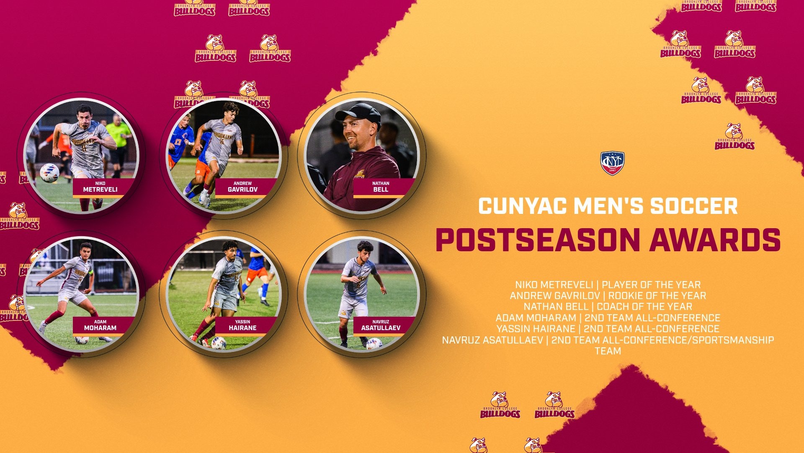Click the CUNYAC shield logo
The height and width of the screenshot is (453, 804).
612,163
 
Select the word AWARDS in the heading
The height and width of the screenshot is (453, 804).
715,240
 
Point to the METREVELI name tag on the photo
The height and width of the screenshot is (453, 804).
100,187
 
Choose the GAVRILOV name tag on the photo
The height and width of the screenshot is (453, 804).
242,187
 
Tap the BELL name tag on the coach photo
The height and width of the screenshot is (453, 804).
381,187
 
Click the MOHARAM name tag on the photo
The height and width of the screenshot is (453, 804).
100,325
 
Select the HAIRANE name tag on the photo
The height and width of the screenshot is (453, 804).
242,325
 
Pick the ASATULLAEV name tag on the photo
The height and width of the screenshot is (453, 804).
381,325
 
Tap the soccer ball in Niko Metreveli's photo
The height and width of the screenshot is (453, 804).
49,172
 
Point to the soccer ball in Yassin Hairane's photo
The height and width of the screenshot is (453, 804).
218,343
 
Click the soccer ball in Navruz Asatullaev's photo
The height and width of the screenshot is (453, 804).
374,344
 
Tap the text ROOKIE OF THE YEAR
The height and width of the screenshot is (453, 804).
657,296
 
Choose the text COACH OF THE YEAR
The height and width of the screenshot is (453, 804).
644,307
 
